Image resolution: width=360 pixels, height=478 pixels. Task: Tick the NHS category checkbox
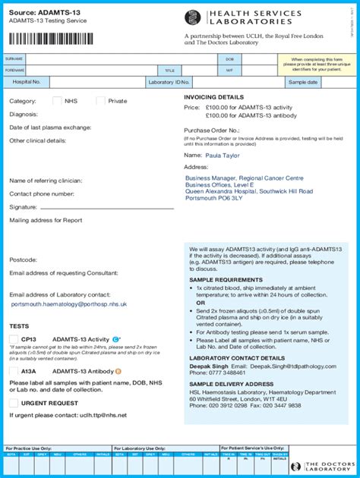[x=57, y=101]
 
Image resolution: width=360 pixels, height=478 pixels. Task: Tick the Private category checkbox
[x=100, y=101]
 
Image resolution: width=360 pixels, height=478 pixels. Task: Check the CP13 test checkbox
[x=14, y=339]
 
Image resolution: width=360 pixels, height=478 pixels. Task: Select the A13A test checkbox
[x=14, y=371]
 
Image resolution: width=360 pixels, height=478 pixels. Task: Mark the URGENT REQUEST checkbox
[x=14, y=403]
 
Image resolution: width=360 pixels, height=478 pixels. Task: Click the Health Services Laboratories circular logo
[x=194, y=17]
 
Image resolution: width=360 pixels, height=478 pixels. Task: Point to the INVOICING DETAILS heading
[x=213, y=97]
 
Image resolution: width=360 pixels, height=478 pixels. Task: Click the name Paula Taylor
[x=223, y=155]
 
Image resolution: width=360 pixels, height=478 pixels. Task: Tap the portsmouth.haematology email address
[x=69, y=303]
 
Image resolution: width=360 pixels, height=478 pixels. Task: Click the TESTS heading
[x=19, y=326]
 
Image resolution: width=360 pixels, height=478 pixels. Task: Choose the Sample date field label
[x=302, y=82]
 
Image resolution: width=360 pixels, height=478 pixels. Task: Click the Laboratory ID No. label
[x=169, y=82]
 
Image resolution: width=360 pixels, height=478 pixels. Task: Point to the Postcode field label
[x=23, y=259]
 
